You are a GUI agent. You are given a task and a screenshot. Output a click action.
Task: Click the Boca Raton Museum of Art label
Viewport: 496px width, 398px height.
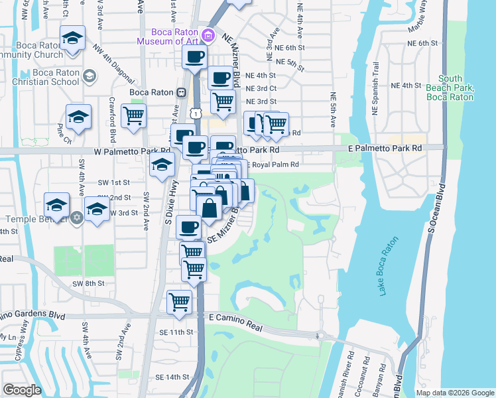point(168,36)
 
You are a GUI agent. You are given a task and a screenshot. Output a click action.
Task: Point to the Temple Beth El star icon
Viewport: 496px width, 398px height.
point(76,217)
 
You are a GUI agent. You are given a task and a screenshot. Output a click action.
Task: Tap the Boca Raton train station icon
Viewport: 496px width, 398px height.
point(180,92)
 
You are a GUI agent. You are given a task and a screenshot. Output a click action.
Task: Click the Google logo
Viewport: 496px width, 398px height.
point(22,389)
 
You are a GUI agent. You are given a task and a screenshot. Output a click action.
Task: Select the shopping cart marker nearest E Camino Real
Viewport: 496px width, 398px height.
point(180,301)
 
